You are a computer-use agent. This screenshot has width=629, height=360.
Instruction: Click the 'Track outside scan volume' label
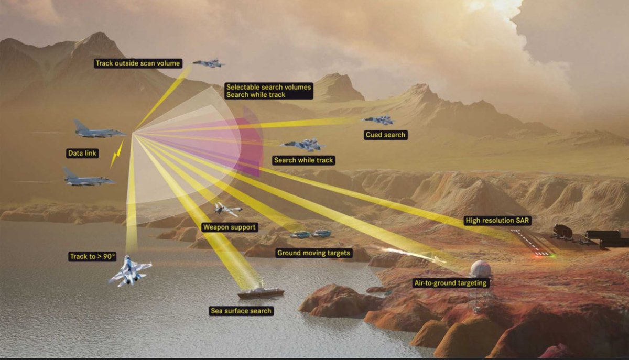pos(138,63)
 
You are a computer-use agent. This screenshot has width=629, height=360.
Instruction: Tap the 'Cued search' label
pos(385,135)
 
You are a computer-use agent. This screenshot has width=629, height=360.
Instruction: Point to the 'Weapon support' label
pos(229,227)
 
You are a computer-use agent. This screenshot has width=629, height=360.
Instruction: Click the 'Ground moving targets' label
pos(314,253)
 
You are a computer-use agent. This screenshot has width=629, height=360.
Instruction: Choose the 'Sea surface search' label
pos(241,311)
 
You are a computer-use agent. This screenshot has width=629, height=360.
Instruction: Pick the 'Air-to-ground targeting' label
pos(451,283)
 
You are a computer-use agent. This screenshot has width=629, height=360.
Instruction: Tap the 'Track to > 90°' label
pos(92,256)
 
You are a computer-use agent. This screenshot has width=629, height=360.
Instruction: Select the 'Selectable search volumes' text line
pos(268,87)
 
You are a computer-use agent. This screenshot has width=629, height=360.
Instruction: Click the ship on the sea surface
pos(261,292)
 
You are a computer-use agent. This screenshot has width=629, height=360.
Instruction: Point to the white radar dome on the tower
pos(481,269)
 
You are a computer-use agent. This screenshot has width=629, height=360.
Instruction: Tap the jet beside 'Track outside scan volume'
pos(209,63)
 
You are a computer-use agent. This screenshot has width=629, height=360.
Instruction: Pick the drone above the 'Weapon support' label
pos(227,209)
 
